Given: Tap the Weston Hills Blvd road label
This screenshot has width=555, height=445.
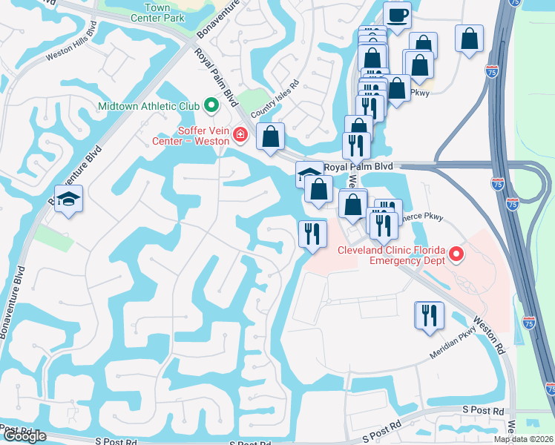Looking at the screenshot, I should click(73, 44).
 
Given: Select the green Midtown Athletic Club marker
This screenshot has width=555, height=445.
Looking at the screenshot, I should click(211, 105).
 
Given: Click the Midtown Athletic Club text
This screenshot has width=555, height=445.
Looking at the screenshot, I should click(149, 106).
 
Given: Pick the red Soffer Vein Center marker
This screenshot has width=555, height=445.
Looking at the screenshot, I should click(240, 134).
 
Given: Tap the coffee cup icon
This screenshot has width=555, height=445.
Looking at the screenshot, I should click(397, 15).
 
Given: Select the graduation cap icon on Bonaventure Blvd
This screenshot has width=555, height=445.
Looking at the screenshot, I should click(68, 198).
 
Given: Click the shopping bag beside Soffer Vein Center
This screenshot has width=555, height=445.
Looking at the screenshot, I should click(271, 136).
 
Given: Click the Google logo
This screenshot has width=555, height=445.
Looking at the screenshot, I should click(24, 436).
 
